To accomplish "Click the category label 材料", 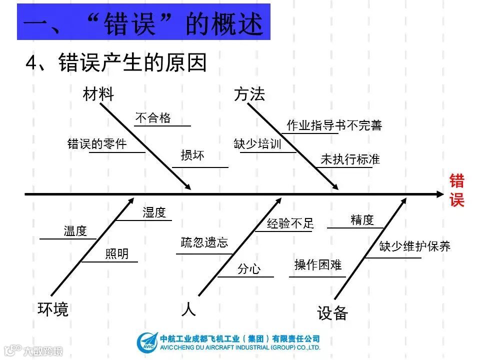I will point(98,94).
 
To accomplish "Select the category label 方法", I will point(249,94).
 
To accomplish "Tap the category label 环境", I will point(53,309).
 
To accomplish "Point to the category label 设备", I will point(332,313).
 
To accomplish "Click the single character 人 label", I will point(188,309).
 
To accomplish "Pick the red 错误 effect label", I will point(456,190).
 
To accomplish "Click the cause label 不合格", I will point(153,118).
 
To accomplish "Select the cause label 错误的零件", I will point(97,144).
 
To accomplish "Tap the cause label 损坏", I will point(192,155).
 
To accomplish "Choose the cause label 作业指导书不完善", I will point(334,125).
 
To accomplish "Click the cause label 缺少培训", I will point(257,144).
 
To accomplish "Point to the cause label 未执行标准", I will point(350,159).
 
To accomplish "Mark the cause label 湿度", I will point(154,212).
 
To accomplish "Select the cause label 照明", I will point(116,254).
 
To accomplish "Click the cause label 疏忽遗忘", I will point(204,243).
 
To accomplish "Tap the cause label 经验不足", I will point(290,223).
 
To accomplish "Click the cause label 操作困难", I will point(318,265).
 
